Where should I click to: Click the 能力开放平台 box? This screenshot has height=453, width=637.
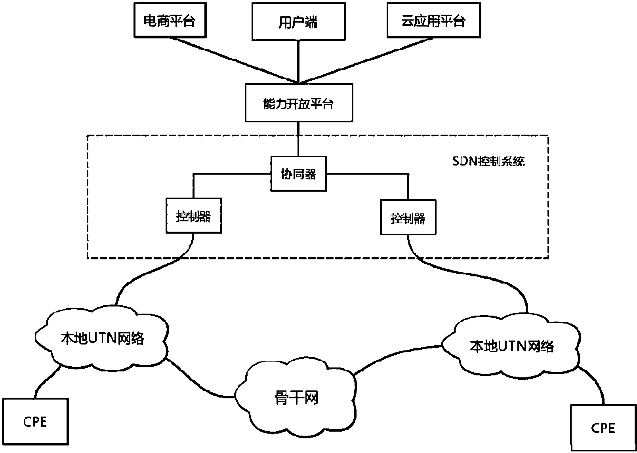299,103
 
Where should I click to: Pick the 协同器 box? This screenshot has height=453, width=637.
298,174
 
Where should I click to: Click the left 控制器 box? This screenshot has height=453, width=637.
193,216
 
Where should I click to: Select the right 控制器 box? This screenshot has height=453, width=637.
408,217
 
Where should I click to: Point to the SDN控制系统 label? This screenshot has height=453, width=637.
488,162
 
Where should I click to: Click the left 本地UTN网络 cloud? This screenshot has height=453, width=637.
102,339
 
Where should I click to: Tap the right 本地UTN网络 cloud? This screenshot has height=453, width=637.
511,346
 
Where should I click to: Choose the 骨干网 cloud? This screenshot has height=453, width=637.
296,398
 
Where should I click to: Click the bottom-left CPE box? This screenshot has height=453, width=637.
35,421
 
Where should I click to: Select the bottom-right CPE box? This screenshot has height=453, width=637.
603,428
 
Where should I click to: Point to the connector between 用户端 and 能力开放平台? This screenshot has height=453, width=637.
298,61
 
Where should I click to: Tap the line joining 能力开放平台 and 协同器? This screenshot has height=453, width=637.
298,139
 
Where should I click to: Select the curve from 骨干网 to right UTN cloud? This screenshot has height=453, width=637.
396,355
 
